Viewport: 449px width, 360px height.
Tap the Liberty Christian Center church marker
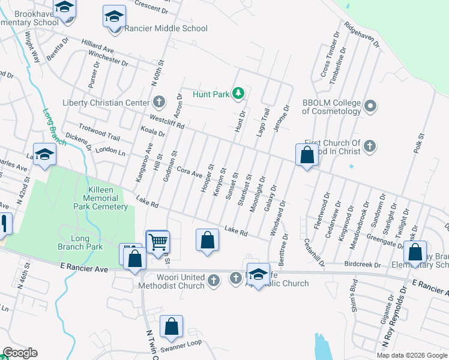click(x=159, y=101)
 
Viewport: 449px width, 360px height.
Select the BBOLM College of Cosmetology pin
click(x=370, y=107)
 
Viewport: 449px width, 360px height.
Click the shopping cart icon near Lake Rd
click(x=158, y=242)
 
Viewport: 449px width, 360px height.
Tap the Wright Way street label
click(x=31, y=47)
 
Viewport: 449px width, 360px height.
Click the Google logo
click(x=20, y=353)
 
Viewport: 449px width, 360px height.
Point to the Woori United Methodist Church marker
click(x=214, y=279)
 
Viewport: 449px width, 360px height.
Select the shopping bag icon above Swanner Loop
click(x=172, y=328)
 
